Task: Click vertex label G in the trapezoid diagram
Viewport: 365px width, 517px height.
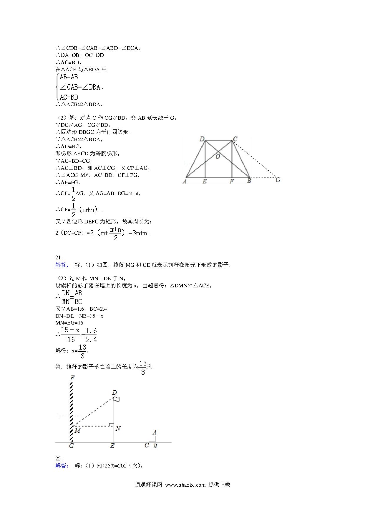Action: click(x=278, y=180)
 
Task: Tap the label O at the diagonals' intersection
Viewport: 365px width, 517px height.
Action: click(x=218, y=157)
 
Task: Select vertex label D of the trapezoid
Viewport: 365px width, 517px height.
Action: click(x=202, y=139)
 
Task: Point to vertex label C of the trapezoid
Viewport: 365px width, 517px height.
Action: click(x=235, y=139)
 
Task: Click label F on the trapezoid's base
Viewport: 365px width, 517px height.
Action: click(x=231, y=181)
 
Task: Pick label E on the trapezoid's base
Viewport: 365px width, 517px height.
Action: click(x=204, y=181)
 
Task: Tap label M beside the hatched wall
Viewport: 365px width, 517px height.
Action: click(x=77, y=431)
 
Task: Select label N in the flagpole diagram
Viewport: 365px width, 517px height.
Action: click(x=118, y=429)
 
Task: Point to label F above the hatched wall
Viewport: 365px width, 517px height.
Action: click(x=72, y=378)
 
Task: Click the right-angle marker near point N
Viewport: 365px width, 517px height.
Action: click(x=111, y=424)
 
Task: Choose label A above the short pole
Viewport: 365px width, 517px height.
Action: click(x=154, y=432)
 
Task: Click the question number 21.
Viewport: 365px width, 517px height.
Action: click(x=59, y=257)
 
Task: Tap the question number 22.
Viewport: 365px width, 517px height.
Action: click(x=59, y=458)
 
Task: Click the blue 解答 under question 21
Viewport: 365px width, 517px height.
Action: click(x=62, y=265)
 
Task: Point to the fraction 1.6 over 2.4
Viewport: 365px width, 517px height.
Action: click(x=91, y=335)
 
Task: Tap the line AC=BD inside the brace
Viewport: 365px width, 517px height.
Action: click(x=69, y=97)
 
